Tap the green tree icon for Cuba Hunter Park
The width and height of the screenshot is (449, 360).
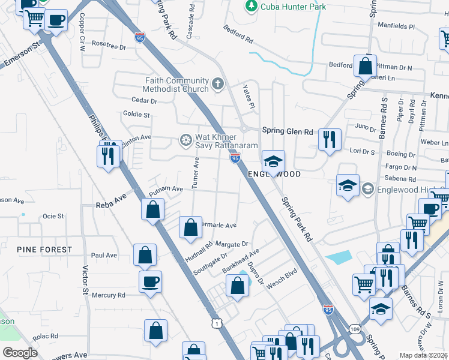[x=251, y=6]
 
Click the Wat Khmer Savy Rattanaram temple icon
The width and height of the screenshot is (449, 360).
[x=185, y=140]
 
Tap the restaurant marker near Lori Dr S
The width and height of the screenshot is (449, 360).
[x=329, y=140]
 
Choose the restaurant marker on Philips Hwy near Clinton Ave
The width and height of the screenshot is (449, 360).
[x=107, y=157]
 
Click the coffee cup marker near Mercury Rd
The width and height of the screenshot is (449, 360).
[x=150, y=281]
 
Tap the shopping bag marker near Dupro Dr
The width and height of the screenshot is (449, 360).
[x=238, y=286]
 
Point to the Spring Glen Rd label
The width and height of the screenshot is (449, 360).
[x=288, y=131]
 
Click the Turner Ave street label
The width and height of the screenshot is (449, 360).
[x=196, y=173]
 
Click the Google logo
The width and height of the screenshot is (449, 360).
[x=20, y=353]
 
